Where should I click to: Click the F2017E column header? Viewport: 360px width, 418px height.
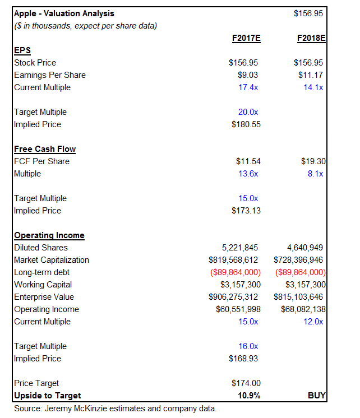(x=246, y=38)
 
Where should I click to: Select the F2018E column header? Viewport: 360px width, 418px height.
(x=311, y=38)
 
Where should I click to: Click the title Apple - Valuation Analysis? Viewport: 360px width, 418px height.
(x=64, y=13)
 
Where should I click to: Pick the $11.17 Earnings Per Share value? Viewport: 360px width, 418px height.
(x=313, y=75)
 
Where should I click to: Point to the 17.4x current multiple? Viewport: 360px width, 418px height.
(x=248, y=87)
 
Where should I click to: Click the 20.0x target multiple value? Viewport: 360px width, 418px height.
(x=248, y=112)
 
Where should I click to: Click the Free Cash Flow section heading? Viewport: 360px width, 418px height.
(x=45, y=149)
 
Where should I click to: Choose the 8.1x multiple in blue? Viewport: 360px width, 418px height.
(x=315, y=174)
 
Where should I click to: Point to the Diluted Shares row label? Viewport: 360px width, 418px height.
(x=41, y=248)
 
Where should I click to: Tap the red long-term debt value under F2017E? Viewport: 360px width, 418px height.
(x=234, y=272)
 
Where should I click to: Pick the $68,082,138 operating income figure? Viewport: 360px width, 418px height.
(x=302, y=309)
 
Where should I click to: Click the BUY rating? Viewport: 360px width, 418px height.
(x=317, y=396)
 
